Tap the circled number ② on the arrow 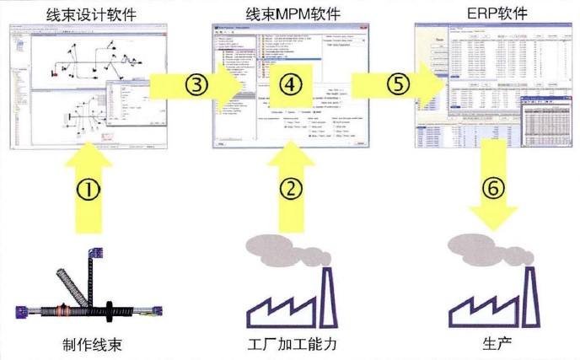point(287,187)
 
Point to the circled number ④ point(287,85)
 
